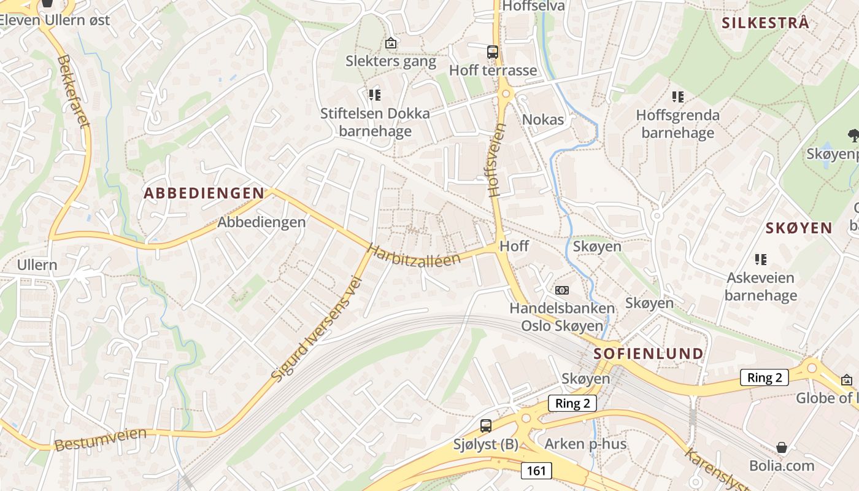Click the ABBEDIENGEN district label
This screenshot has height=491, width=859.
point(204,193)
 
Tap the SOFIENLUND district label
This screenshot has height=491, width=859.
point(649,354)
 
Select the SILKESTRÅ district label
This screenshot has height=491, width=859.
point(765,23)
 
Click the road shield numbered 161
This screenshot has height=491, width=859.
point(536,471)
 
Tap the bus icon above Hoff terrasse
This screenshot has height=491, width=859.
point(493,52)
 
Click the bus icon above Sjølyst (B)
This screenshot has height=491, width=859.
point(486,425)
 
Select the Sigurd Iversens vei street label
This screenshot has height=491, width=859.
point(317,330)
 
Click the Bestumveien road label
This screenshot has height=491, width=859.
point(101,440)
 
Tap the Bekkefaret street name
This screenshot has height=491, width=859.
point(74,91)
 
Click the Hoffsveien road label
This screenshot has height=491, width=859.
point(497,160)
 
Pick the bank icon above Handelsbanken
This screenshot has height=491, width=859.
point(561,290)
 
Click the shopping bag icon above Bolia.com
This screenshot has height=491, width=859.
point(781,447)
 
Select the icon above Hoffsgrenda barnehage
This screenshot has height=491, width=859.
point(677,96)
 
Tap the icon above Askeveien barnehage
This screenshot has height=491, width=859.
point(761,259)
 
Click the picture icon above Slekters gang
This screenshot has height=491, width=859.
point(390,43)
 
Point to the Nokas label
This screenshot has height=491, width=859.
point(543,119)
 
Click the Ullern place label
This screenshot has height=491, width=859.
point(37,265)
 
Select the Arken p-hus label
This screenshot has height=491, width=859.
point(585,444)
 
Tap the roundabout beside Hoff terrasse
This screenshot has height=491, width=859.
point(506,94)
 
